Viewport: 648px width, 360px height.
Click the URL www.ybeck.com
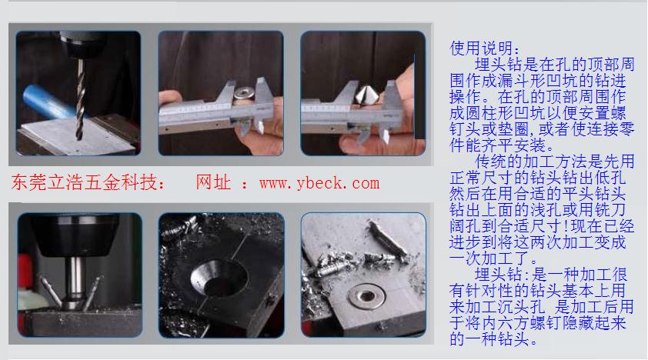(319, 183)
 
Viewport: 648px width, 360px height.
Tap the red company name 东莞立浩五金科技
(84, 182)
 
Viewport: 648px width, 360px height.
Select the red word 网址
(213, 182)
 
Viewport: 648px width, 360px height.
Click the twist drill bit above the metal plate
(80, 100)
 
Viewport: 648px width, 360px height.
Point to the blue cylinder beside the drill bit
(48, 102)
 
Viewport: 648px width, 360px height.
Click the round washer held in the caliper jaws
(244, 92)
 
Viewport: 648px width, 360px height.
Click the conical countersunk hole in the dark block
(219, 278)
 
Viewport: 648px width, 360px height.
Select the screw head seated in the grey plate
(366, 295)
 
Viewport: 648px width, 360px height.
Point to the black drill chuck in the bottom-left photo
(76, 235)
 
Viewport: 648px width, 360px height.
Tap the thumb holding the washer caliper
(169, 98)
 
